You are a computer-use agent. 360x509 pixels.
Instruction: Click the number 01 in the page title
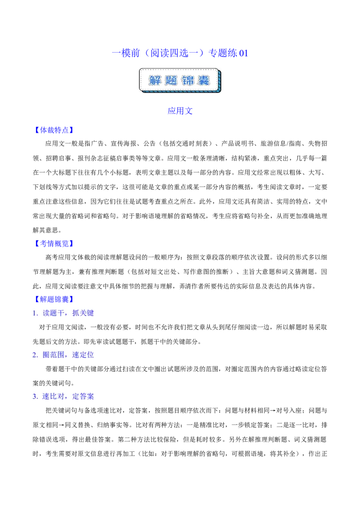point(243,53)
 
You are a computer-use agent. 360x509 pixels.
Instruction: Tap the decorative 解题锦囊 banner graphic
point(180,80)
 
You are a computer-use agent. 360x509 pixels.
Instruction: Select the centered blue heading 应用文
point(180,111)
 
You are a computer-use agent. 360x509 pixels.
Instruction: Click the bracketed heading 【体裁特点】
point(54,130)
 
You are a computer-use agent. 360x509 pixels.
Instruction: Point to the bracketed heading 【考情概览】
point(54,243)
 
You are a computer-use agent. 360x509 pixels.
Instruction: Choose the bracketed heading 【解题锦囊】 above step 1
point(54,299)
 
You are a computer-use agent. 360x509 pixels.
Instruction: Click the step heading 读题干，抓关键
point(68,313)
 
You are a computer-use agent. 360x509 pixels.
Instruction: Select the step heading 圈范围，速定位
point(68,355)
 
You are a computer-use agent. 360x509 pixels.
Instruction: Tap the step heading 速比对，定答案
point(68,396)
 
